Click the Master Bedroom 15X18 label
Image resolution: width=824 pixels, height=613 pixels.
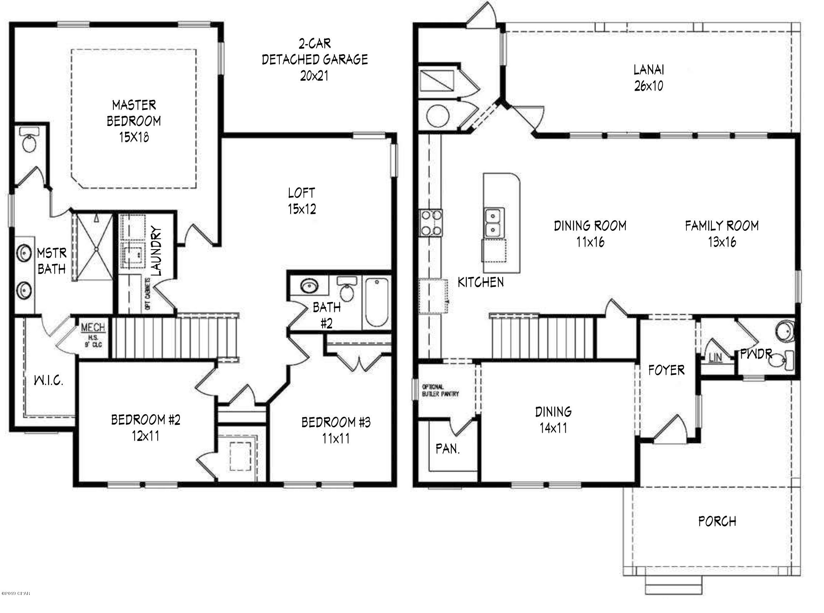coord(134,121)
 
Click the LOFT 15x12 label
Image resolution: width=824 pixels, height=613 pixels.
coord(302,200)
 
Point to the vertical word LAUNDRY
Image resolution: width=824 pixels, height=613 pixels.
coord(156,252)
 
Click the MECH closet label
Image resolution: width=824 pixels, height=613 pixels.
coord(93,328)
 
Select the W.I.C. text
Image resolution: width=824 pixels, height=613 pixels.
coord(48,381)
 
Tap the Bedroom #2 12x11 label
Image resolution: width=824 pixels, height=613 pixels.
coord(146,427)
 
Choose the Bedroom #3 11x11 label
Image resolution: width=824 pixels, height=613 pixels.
coord(336,430)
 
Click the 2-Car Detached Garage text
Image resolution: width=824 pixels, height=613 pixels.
coord(315,59)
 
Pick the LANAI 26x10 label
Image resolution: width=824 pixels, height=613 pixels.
coord(649,78)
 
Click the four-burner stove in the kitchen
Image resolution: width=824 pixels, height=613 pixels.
coord(431,223)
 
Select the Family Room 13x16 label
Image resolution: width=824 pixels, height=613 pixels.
coord(722,233)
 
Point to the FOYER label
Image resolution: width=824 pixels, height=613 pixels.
coord(666,370)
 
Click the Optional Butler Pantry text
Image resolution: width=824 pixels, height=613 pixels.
coord(440,390)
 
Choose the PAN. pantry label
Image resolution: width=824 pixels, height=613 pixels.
coord(448,448)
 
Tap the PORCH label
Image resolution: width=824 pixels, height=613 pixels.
coord(717,521)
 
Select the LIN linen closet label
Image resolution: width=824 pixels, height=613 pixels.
coord(715,358)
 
